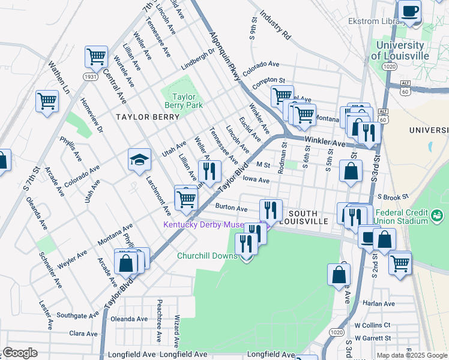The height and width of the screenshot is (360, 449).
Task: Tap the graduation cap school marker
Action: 139,160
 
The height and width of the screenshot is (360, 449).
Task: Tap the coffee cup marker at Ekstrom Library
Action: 410,11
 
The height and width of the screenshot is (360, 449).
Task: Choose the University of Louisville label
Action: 400,50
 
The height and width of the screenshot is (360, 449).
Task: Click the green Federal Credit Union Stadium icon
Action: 437,214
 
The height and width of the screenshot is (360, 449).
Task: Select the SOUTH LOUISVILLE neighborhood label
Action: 308,217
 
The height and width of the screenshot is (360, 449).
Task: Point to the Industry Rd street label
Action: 276,28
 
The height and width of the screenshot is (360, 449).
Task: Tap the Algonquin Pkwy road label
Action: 224,56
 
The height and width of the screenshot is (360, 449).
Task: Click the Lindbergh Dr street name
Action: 198,59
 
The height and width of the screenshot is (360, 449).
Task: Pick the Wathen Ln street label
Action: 59,77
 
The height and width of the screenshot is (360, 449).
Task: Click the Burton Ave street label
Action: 231,208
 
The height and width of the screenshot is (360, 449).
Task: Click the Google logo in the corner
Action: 20,353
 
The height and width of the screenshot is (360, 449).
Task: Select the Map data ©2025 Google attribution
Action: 411,356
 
